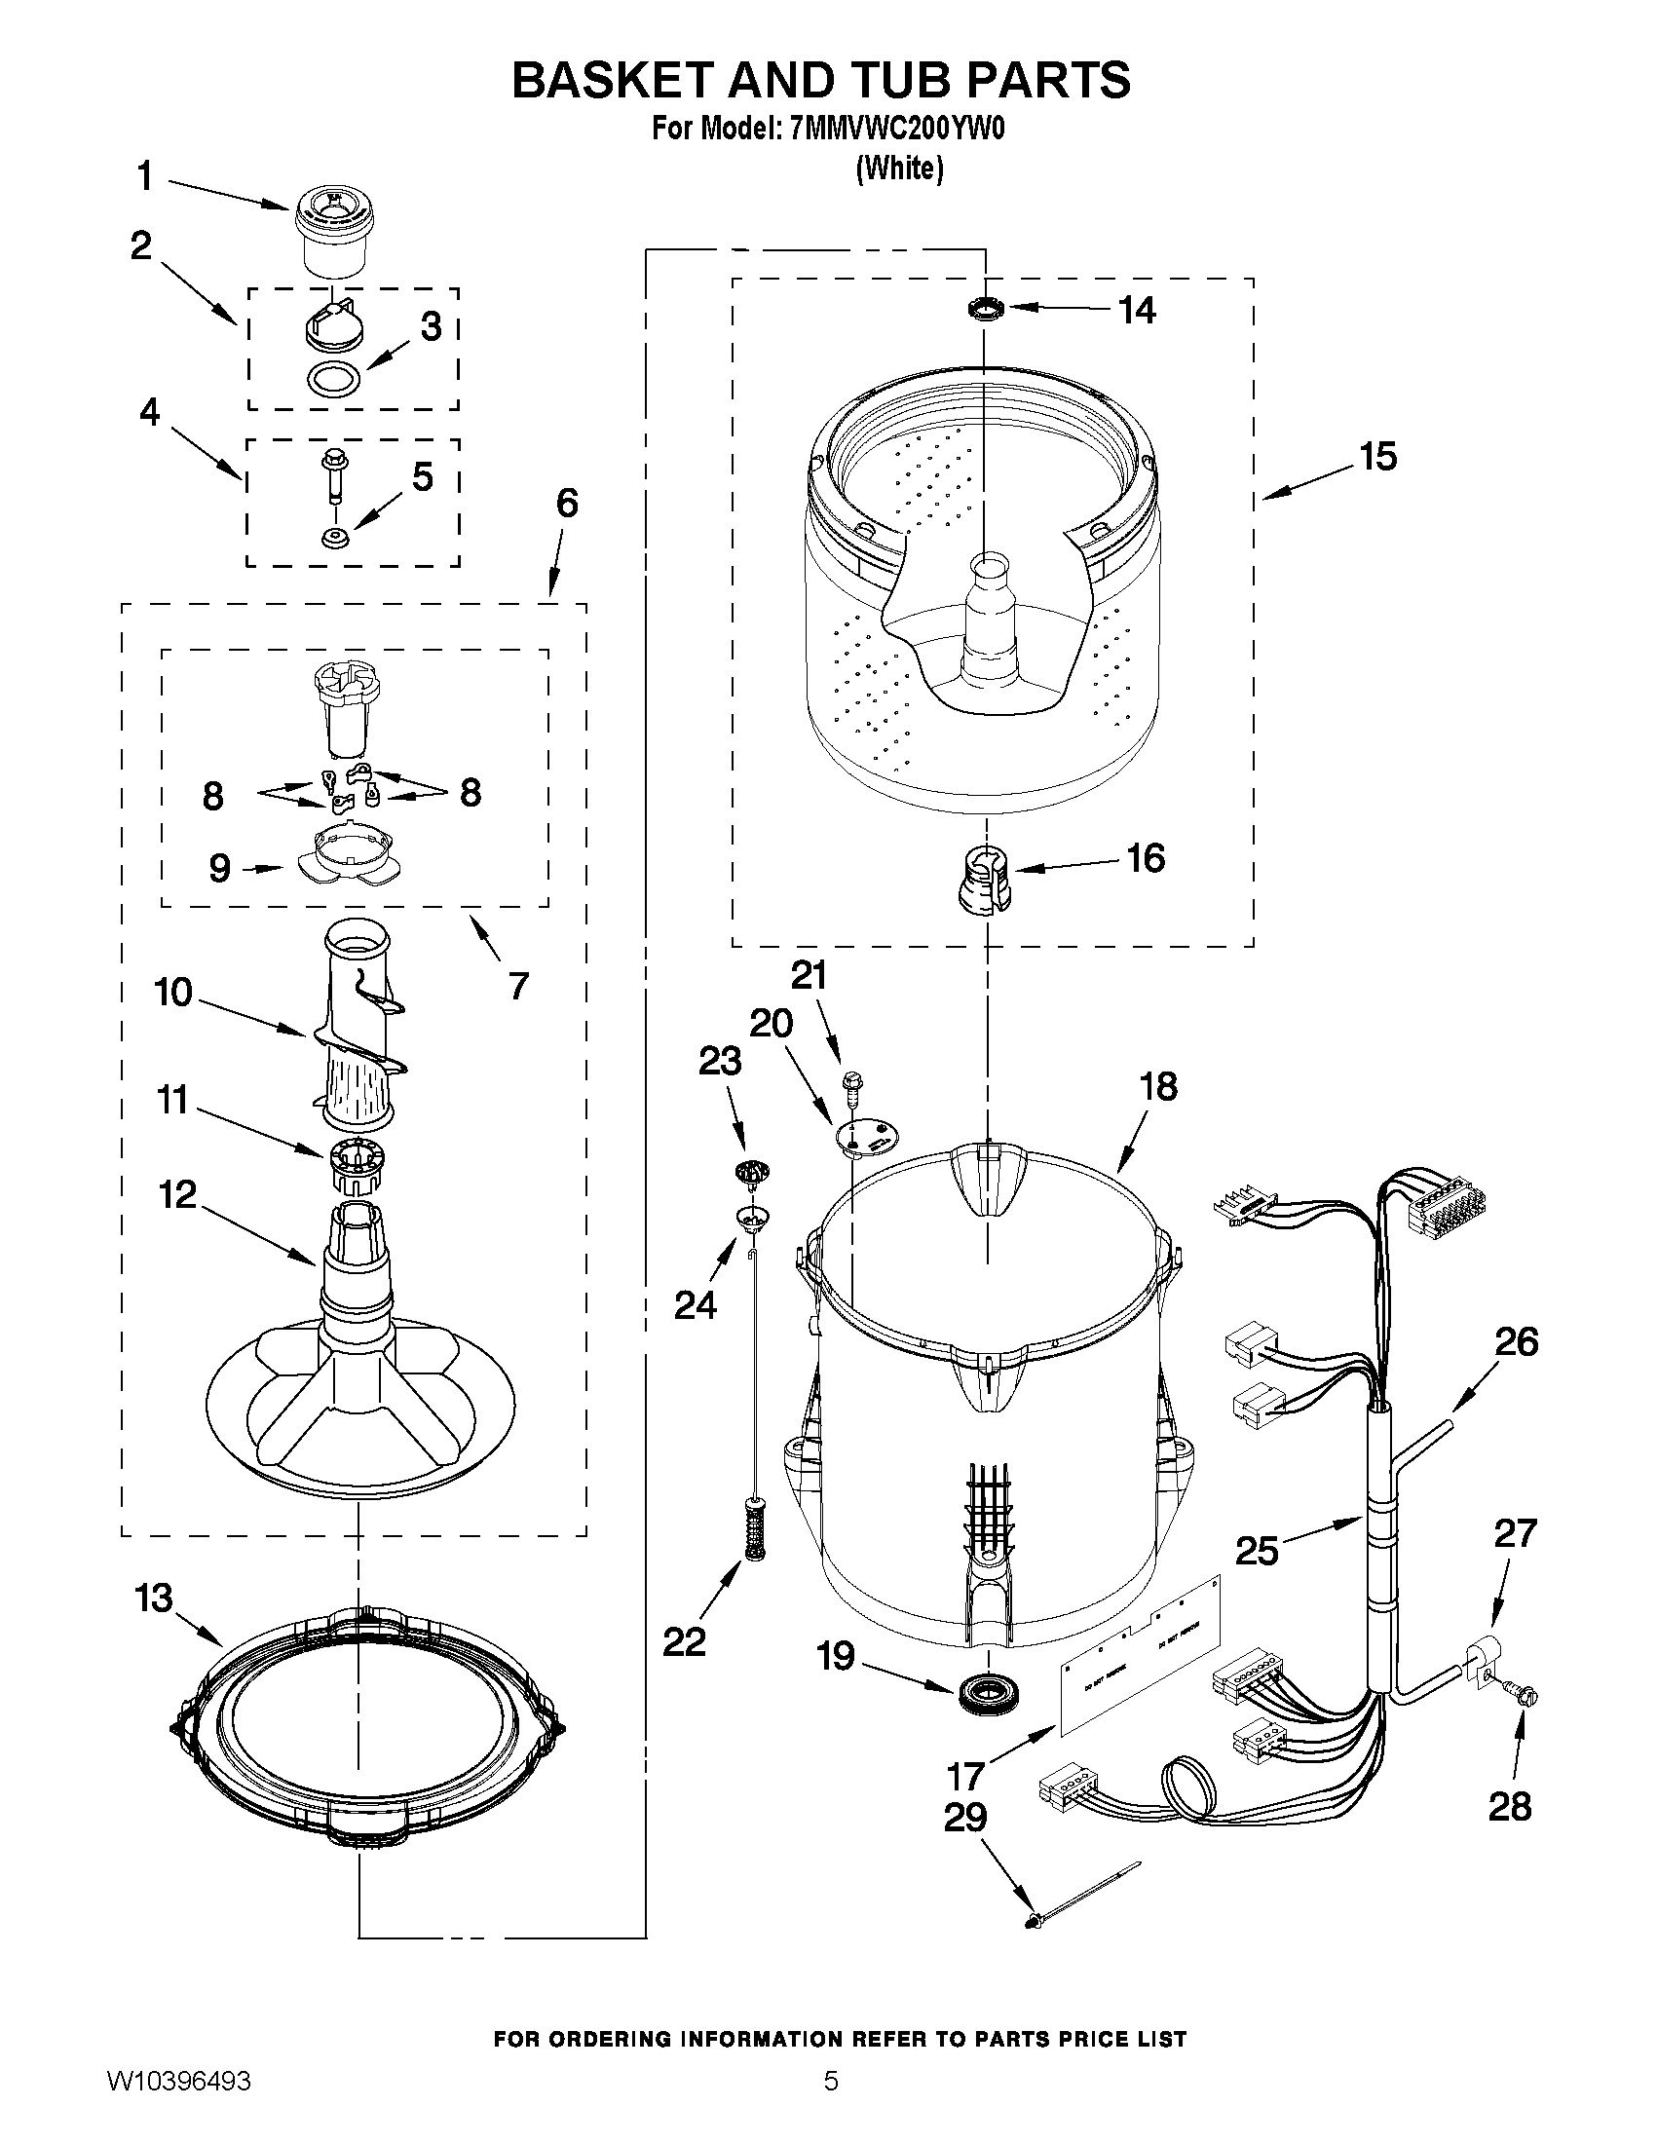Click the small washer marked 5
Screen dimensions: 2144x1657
click(336, 538)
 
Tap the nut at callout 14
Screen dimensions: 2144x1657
click(985, 310)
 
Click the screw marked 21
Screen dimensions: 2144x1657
click(850, 1084)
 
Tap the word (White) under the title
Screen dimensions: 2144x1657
click(899, 169)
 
